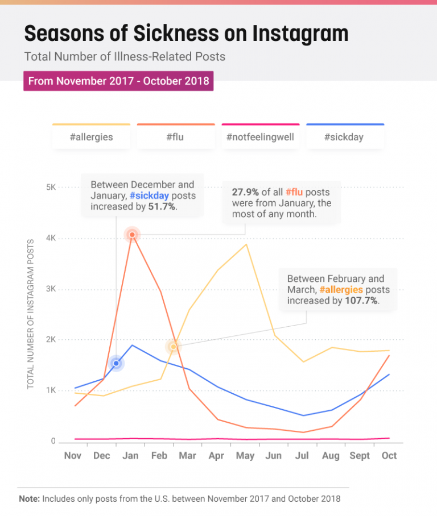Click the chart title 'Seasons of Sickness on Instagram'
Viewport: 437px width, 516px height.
point(186,34)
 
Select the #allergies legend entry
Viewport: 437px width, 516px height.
point(91,137)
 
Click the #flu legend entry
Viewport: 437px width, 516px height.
point(176,137)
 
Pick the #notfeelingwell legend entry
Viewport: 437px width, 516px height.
point(260,137)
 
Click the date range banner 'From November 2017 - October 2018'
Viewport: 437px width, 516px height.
point(118,81)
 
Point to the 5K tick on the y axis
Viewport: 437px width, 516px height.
point(50,188)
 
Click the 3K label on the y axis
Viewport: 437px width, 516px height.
point(50,289)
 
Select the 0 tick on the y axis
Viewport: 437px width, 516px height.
point(53,442)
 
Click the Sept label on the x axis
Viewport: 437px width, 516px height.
point(360,456)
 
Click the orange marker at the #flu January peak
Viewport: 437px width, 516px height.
point(132,234)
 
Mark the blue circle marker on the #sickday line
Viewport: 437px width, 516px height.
point(116,363)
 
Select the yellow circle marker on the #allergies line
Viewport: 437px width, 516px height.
point(174,347)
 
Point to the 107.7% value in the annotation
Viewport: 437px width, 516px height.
point(361,301)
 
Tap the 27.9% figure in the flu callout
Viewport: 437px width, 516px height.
point(245,192)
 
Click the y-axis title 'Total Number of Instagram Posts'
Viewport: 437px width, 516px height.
point(31,314)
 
